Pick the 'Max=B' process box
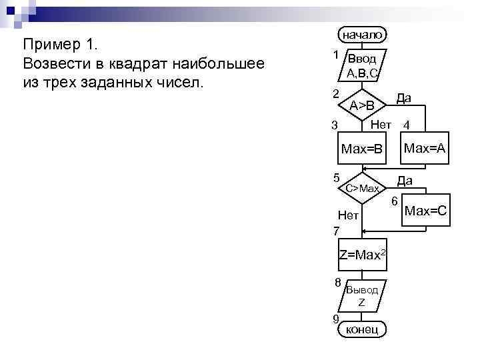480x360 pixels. tap(362, 148)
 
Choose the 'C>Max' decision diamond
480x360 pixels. tap(362, 189)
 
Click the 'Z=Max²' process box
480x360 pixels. tap(362, 255)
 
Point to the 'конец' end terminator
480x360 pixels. tap(362, 329)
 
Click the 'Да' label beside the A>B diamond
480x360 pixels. tap(403, 98)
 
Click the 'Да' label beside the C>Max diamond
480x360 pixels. tap(404, 181)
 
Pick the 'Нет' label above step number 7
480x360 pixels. tap(348, 215)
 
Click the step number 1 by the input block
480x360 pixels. tap(337, 53)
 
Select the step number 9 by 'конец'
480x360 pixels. tap(337, 317)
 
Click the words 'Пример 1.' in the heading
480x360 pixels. tap(61, 45)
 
